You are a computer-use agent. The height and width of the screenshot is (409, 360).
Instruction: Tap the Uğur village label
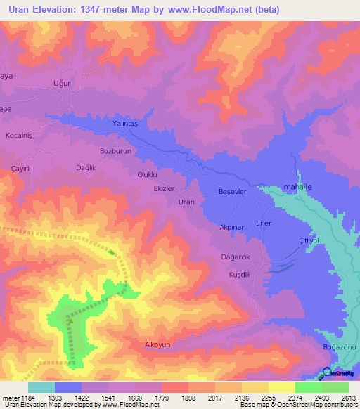[63, 83]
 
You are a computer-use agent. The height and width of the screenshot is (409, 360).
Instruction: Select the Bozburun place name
[116, 151]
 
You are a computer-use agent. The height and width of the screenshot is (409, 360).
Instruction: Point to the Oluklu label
[148, 174]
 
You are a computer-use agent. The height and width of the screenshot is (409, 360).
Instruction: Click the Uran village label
[186, 202]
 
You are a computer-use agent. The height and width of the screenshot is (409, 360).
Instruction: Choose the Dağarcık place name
[236, 257]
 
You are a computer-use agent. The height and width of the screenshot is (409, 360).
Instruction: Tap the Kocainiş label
[20, 134]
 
